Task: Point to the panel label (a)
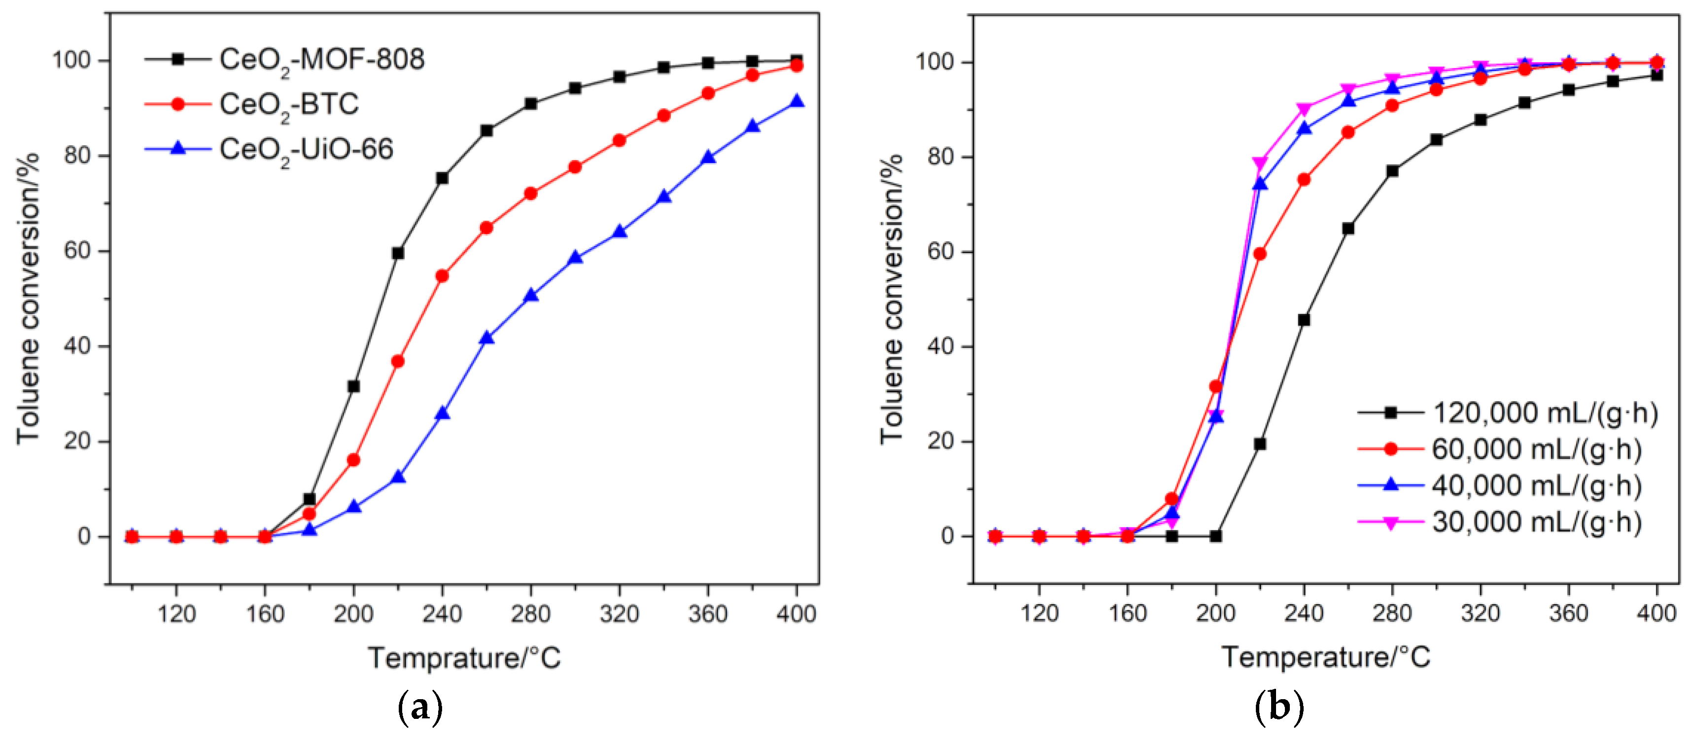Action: (x=420, y=709)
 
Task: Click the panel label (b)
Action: (x=1279, y=709)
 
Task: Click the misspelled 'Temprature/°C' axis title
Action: (x=464, y=658)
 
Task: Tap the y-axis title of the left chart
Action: (x=28, y=299)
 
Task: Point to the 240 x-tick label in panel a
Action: (x=442, y=614)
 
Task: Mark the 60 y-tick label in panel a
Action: (x=77, y=251)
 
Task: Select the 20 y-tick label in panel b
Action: (x=940, y=441)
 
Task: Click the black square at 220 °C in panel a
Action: (x=398, y=253)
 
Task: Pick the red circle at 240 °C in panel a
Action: (x=442, y=276)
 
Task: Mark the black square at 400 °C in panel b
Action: (x=1657, y=75)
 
